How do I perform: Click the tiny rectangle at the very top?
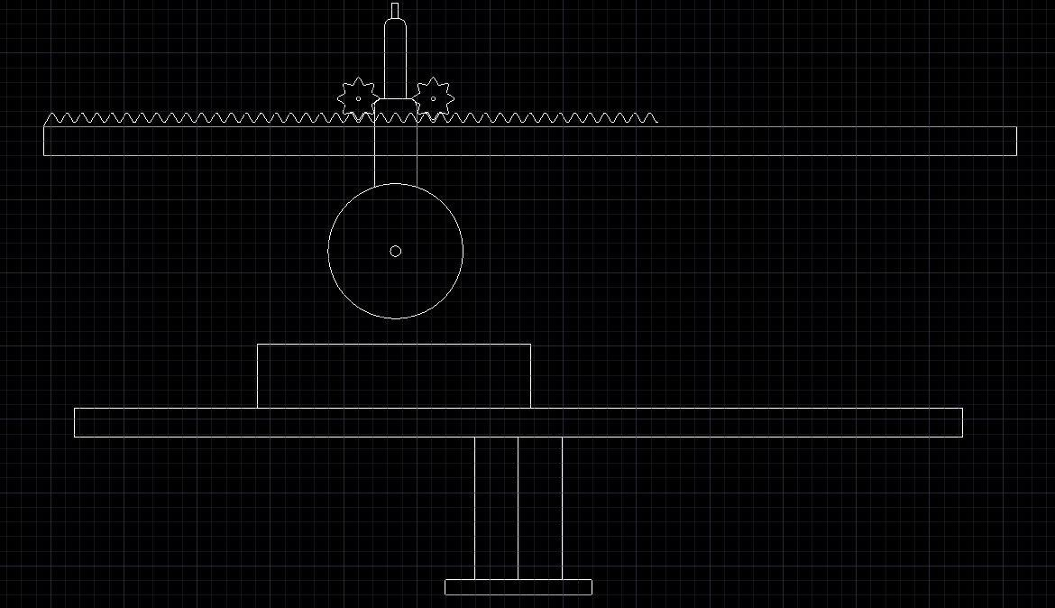395,10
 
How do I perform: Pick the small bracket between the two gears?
395,106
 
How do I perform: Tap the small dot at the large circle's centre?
395,251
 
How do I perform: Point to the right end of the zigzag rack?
654,117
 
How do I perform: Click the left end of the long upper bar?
49,141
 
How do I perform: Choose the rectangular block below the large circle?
394,376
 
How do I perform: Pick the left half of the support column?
496,508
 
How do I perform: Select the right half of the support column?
540,508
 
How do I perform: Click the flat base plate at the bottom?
518,587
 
